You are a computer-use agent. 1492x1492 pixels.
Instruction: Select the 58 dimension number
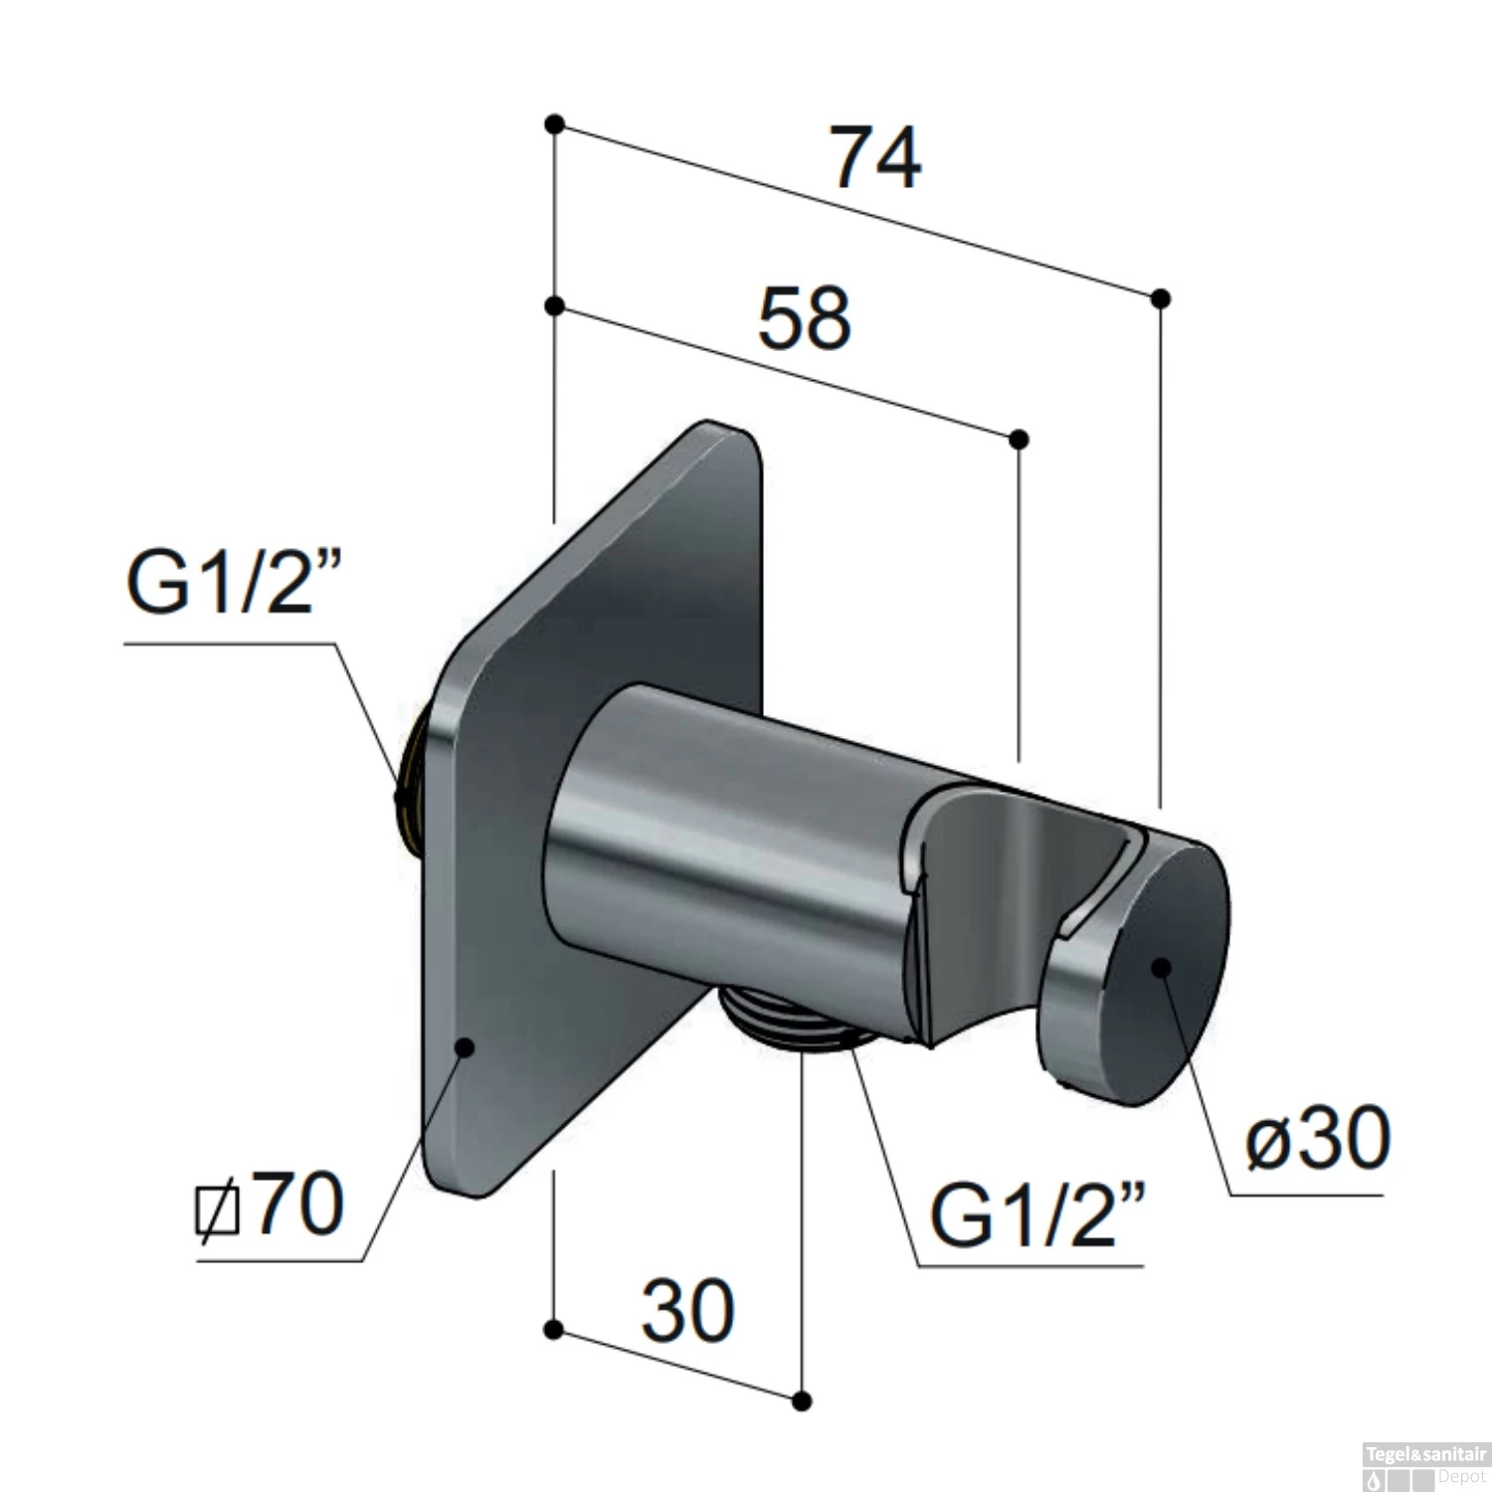tap(805, 318)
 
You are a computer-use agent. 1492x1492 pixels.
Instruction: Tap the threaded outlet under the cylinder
tap(792, 1021)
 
